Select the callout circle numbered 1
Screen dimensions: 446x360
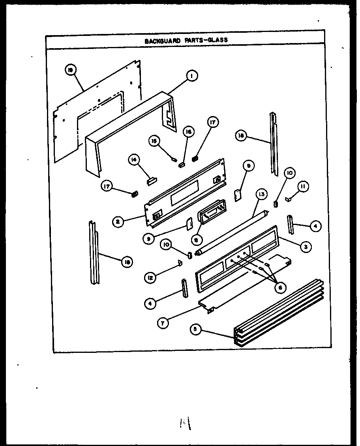(x=191, y=76)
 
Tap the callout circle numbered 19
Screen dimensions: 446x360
(x=71, y=70)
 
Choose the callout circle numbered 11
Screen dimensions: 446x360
(x=303, y=187)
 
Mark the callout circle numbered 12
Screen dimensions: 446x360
(x=150, y=277)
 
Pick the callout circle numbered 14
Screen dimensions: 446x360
(x=134, y=160)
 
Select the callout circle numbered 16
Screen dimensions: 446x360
(x=189, y=132)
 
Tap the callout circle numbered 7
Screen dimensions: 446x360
(x=162, y=322)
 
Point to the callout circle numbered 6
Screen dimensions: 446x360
(x=279, y=288)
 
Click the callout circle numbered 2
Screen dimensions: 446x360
(x=117, y=222)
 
